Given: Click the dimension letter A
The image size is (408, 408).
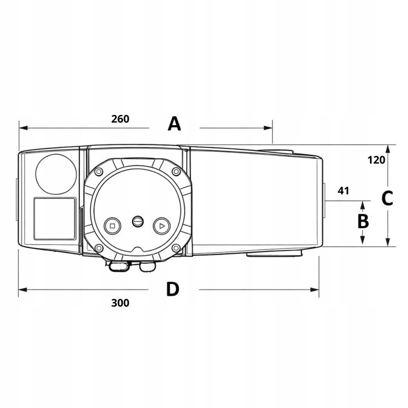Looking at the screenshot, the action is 174,124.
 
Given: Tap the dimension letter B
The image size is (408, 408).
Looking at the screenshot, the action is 363,221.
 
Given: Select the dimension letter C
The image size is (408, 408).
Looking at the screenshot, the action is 387,198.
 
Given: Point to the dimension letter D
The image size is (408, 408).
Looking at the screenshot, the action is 173,290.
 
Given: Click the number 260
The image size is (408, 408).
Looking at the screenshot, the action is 120,119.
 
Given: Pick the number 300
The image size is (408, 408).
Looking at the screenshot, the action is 120,303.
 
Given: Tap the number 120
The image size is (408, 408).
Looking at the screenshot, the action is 376,160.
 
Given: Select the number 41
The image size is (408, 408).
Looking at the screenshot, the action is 343,191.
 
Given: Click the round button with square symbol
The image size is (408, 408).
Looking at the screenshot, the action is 112,226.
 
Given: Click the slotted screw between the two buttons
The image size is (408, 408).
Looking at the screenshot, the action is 138,222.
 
